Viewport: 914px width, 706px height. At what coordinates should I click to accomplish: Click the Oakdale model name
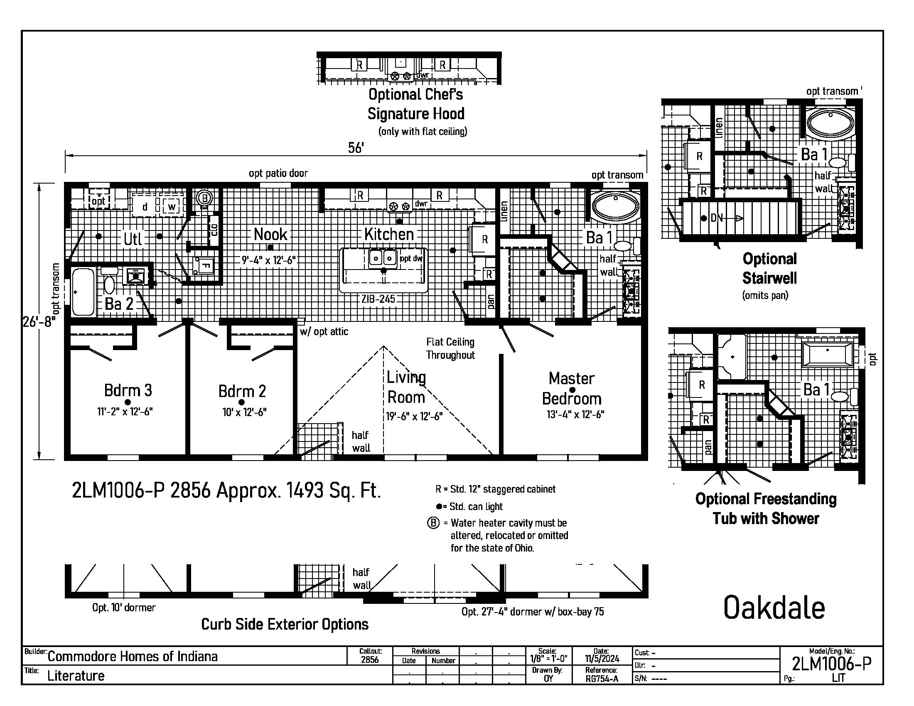pyautogui.click(x=774, y=608)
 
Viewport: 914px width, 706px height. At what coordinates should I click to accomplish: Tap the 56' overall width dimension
pyautogui.click(x=356, y=148)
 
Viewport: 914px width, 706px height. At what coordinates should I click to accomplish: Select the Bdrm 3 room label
pyautogui.click(x=128, y=390)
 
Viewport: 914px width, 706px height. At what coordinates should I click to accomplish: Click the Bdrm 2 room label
pyautogui.click(x=242, y=391)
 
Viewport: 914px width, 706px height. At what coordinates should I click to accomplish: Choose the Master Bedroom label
pyautogui.click(x=572, y=389)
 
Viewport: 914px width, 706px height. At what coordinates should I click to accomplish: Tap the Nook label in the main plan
pyautogui.click(x=270, y=234)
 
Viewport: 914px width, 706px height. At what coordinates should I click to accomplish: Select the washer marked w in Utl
pyautogui.click(x=171, y=207)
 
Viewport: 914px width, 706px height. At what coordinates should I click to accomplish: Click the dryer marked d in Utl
pyautogui.click(x=145, y=207)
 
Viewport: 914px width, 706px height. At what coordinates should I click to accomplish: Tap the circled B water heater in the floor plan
pyautogui.click(x=204, y=197)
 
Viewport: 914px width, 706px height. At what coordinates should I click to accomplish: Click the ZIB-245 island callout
pyautogui.click(x=378, y=299)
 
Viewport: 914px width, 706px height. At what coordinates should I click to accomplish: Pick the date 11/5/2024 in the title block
pyautogui.click(x=602, y=659)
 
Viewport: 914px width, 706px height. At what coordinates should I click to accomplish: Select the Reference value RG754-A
pyautogui.click(x=602, y=679)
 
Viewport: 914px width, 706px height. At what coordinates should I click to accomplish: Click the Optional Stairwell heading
pyautogui.click(x=769, y=268)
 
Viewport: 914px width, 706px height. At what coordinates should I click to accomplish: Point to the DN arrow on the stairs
pyautogui.click(x=723, y=218)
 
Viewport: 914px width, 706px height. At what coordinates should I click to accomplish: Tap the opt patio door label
pyautogui.click(x=278, y=173)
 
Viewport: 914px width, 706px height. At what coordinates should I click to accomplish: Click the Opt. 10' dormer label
pyautogui.click(x=123, y=607)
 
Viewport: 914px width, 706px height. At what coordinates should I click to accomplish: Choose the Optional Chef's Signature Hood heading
pyautogui.click(x=415, y=104)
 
